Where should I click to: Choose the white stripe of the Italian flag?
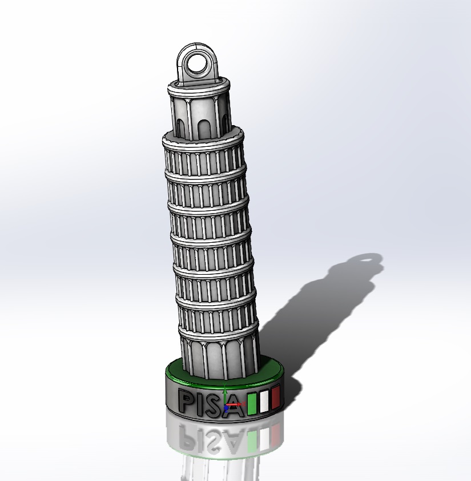click(x=264, y=400)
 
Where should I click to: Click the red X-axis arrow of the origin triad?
click(x=235, y=404)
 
